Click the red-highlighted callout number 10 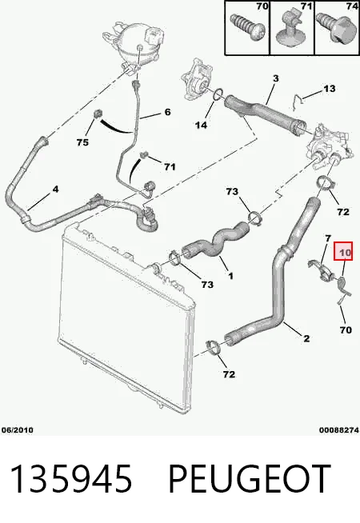point(344,253)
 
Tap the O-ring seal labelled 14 point(218,94)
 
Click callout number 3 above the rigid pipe point(275,78)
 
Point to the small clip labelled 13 point(297,101)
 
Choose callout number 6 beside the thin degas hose point(167,112)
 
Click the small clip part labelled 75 point(97,114)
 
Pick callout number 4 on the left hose point(55,190)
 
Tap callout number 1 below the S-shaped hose point(230,276)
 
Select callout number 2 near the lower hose point(306,338)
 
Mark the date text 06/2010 point(18,430)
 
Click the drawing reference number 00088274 point(339,430)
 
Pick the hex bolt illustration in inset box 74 point(336,27)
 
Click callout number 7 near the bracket point(328,238)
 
